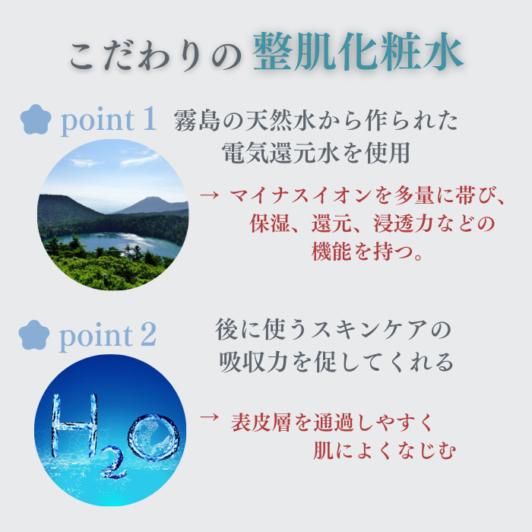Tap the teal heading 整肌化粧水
point(357,53)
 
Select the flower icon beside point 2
point(33,334)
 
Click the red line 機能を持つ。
point(368,252)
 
